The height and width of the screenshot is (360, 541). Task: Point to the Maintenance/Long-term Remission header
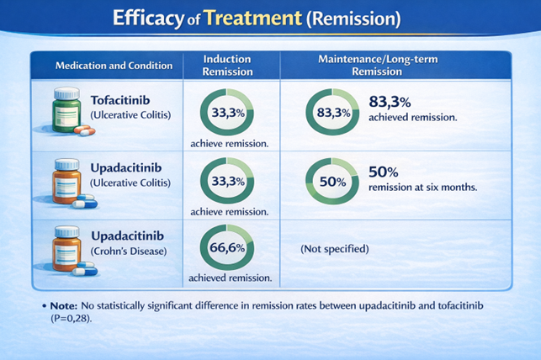pyautogui.click(x=394, y=66)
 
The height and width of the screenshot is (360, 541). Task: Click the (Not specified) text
pyautogui.click(x=334, y=250)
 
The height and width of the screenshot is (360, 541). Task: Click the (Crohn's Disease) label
pyautogui.click(x=128, y=251)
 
